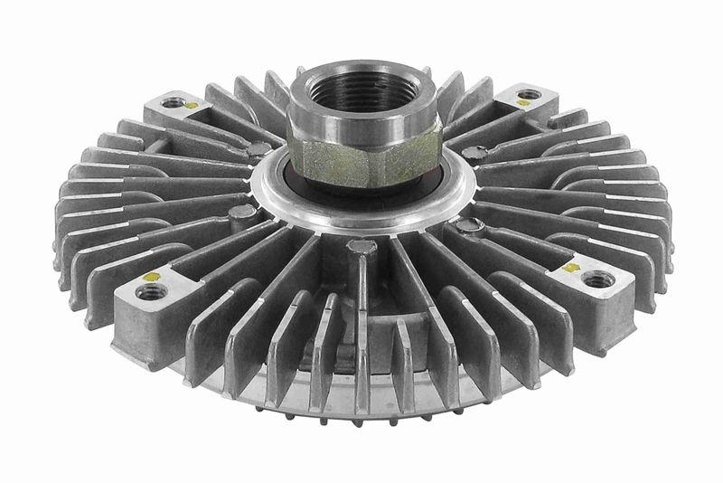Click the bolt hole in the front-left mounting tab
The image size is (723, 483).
(150, 291)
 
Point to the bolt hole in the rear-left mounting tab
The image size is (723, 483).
(171, 101)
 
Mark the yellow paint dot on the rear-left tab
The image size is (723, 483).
(191, 106)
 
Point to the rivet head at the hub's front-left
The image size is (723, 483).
(239, 213)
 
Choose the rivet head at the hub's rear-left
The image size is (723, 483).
(259, 149)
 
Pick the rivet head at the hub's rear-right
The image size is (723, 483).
(476, 154)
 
